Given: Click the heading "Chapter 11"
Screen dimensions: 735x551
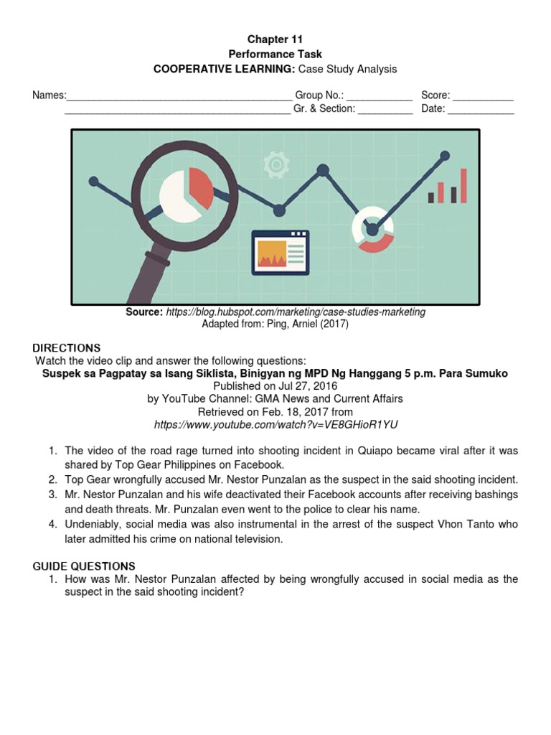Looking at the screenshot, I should coord(275,39).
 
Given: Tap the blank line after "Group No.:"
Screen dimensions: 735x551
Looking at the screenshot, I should coord(380,96).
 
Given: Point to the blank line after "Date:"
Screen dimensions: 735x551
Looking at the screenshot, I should coord(481,110).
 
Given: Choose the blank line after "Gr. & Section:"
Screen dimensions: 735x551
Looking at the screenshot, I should coord(385,110).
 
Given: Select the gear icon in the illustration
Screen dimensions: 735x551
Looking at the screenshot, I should coord(275,166).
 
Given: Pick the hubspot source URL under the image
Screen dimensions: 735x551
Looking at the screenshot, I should coord(296,312).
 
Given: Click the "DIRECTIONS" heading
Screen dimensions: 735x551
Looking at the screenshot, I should coord(67,348).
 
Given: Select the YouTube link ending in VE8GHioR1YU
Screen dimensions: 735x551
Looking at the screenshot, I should coord(275,425).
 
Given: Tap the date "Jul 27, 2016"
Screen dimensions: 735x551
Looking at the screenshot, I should coord(298,386).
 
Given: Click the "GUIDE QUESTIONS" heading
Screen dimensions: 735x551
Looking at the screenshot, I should coord(84,566).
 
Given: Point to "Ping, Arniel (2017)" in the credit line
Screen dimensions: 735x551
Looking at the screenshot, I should coord(311,324).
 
